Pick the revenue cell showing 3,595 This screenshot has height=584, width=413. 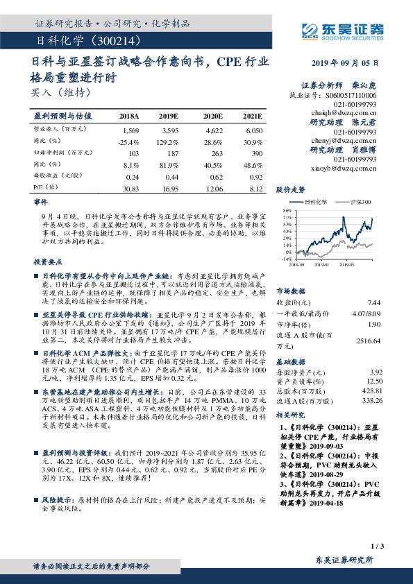point(171,130)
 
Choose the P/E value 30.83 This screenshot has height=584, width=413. point(130,187)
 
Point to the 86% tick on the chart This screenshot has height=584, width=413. point(286,210)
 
